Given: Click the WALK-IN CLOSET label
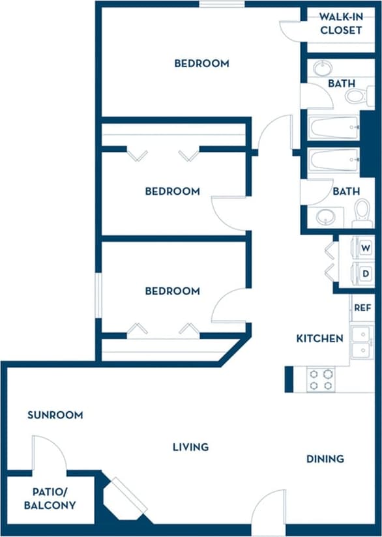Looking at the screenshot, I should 340,24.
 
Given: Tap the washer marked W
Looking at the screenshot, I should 365,248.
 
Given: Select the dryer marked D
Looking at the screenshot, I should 365,273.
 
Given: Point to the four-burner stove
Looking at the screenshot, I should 321,380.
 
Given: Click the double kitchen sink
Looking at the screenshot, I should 362,343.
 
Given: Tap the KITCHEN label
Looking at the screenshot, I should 319,338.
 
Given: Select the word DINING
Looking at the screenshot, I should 325,459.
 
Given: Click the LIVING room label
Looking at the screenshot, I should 190,447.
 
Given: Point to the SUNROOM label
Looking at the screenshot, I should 55,414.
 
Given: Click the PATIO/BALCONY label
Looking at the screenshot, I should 50,499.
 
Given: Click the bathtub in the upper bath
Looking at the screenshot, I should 334,126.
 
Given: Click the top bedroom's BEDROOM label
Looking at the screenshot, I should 201,63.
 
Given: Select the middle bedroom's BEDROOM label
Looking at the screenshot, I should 172,191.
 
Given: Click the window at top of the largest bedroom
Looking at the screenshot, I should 222,4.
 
